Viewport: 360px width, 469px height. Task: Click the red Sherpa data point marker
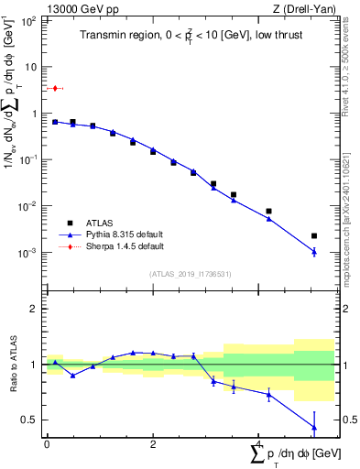55,88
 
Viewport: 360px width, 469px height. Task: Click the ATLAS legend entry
100,222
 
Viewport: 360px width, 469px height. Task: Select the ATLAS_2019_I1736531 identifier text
191,273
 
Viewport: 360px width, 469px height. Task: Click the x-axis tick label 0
47,444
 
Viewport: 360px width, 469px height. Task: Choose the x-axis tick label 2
152,444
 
